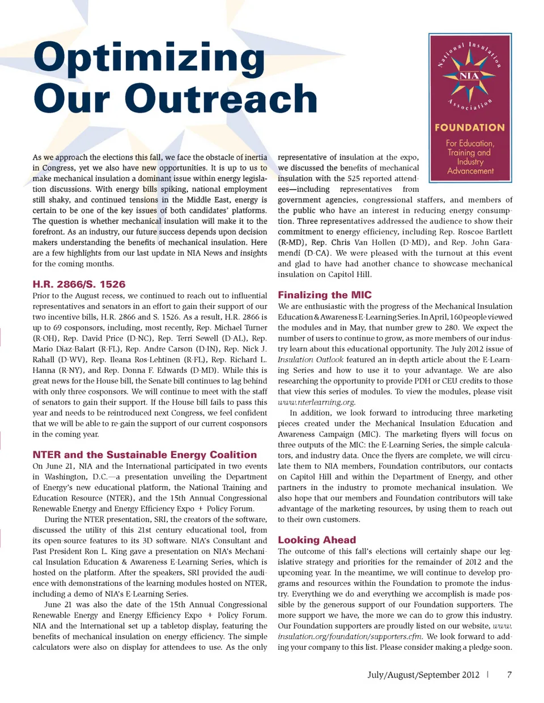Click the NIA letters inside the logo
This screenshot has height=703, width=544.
coord(469,76)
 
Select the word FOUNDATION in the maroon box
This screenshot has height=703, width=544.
coord(470,128)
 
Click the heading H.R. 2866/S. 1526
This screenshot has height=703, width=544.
coord(79,284)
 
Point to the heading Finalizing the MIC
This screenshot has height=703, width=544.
coord(325,295)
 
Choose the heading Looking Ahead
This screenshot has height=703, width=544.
coord(317,540)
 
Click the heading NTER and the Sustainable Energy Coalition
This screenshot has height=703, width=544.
coord(144,455)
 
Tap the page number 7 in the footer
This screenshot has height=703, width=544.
coord(509,675)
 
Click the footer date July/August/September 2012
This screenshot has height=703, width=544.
coord(423,675)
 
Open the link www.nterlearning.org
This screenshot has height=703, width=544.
coord(316,402)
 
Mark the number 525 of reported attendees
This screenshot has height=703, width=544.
coord(354,178)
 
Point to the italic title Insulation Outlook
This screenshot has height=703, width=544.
coord(310,360)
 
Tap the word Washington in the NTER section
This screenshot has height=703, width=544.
coord(66,477)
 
